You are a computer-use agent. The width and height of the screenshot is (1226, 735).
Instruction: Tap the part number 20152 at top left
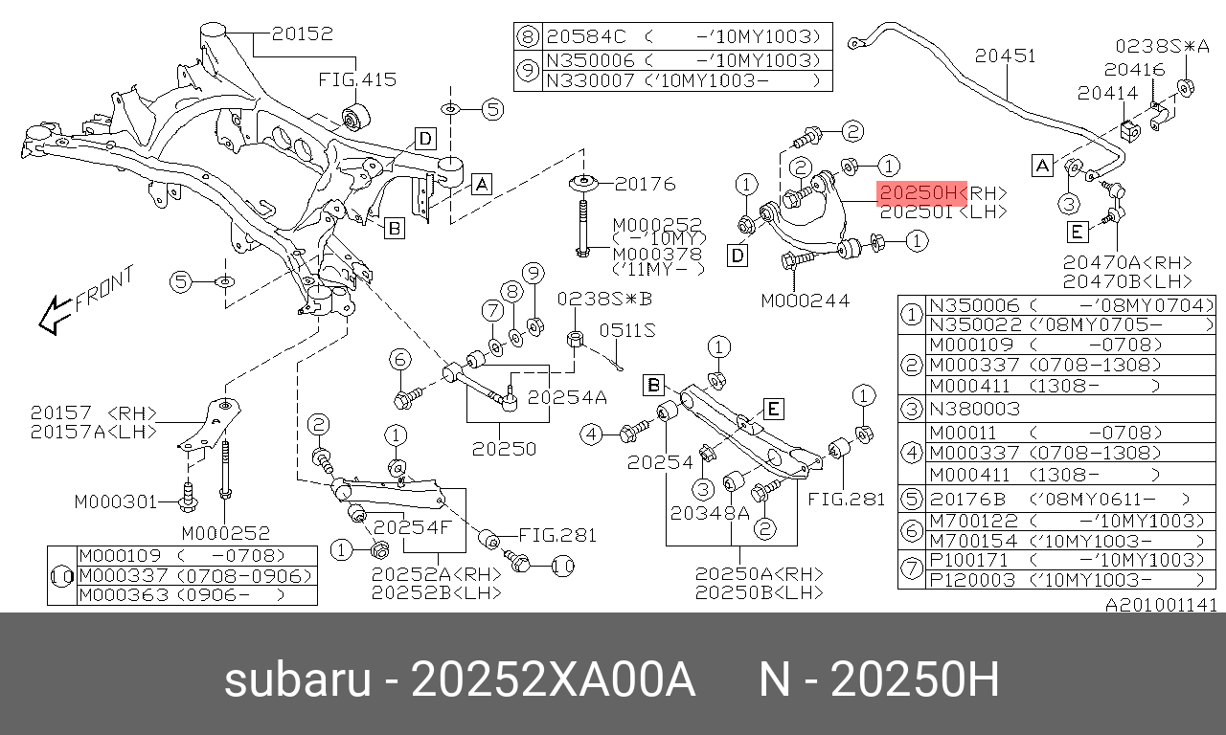pos(302,34)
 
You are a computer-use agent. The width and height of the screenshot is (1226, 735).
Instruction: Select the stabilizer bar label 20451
pos(1006,56)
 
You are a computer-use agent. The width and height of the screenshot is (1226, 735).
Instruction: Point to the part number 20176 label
pos(645,184)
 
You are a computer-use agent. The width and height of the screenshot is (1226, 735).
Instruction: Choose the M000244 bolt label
pos(806,301)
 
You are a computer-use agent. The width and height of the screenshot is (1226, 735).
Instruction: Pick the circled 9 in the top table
pos(528,71)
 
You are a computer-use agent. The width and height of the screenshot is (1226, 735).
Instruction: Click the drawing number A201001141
pos(1161,605)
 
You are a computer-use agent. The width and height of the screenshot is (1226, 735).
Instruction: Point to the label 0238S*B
pos(604,299)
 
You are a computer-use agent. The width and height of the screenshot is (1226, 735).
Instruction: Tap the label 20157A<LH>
pos(92,431)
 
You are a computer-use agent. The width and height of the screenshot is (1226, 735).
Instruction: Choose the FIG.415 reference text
pos(357,79)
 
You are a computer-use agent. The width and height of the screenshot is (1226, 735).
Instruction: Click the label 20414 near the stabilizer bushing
pos(1108,93)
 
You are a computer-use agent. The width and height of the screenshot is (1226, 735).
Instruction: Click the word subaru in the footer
pos(296,681)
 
